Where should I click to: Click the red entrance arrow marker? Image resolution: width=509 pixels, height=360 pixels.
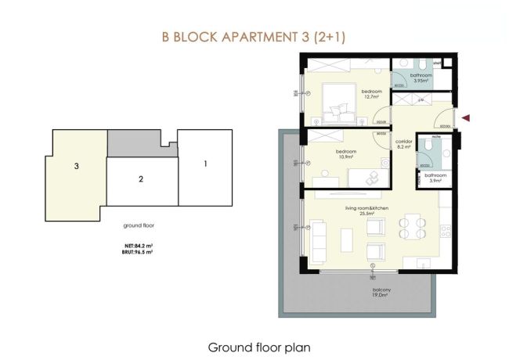(467, 118)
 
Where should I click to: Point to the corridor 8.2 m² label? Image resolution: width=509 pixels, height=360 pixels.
(404, 144)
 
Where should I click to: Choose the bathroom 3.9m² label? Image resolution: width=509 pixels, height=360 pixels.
(435, 178)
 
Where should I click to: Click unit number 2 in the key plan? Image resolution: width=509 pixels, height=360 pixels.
(140, 179)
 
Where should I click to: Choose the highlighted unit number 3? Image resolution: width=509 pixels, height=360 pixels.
(76, 167)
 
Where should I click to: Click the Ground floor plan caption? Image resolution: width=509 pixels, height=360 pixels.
(254, 345)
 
